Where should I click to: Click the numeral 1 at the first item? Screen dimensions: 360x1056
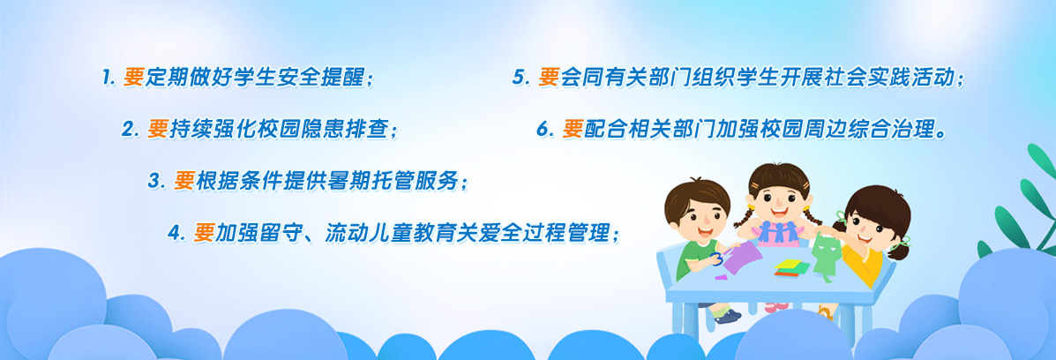(x=107, y=78)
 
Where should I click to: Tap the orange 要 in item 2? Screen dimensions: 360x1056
(x=158, y=130)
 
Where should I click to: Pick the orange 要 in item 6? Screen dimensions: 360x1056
(x=573, y=130)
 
